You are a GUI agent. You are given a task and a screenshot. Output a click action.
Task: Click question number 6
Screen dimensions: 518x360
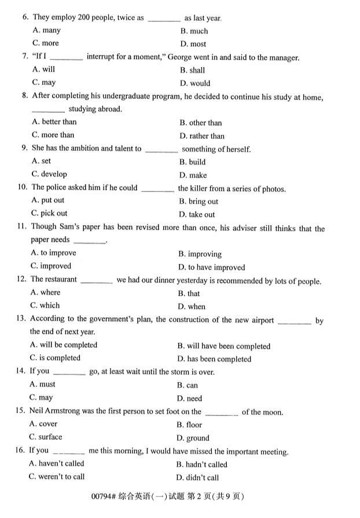pyautogui.click(x=25, y=17)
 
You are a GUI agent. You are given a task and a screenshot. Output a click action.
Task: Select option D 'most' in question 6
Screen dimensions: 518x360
pyautogui.click(x=193, y=44)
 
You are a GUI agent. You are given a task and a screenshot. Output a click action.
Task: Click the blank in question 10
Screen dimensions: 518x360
pyautogui.click(x=157, y=188)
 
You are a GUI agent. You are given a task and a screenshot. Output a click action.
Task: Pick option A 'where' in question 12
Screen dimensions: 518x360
pyautogui.click(x=46, y=293)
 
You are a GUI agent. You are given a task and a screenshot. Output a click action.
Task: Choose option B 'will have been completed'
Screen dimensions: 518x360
pyautogui.click(x=223, y=346)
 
